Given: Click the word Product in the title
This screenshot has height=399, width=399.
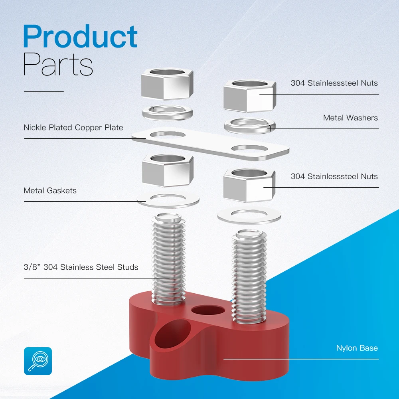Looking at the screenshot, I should coord(80,37).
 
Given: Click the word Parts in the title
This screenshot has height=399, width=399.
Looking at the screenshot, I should coord(58,65).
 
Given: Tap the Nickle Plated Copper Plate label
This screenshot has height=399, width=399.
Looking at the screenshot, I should coord(73,128).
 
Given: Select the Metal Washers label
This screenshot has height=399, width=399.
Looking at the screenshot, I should coord(350,118).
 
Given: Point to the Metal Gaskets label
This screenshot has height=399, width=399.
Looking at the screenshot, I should coord(50,190).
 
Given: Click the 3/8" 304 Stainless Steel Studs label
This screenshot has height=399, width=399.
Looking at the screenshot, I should coord(81,267).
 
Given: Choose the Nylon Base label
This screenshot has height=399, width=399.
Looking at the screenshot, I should coord(357,348).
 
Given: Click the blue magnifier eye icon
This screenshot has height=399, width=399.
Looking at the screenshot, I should coord(38,361).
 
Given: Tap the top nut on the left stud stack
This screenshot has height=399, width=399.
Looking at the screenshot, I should coord(168,85).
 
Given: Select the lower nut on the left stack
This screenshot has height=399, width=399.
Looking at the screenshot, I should coord(168,170).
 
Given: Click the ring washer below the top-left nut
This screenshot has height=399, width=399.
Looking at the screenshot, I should coord(168,111).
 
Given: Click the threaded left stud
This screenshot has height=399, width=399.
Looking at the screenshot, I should coord(168,259).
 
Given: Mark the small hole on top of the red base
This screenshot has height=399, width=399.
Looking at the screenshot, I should coord(207,311).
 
